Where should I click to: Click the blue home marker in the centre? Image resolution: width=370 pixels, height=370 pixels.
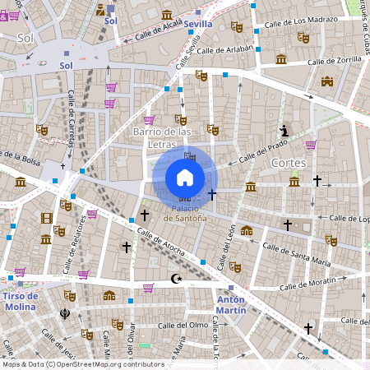tap(185, 178)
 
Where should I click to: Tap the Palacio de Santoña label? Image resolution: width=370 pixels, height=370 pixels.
tap(184, 219)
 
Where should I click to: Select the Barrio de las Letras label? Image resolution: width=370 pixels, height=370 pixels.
tap(162, 136)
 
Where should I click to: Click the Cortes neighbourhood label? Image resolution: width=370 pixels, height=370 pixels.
tap(288, 163)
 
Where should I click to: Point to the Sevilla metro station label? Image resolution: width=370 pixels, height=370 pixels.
tap(197, 24)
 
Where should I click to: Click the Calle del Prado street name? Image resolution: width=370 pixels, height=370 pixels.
tap(257, 153)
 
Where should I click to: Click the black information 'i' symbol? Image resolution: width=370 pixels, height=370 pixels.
tap(284, 130)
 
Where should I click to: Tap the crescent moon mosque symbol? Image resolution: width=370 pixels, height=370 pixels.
tap(173, 279)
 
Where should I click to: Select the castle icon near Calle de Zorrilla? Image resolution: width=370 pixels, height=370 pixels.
tap(327, 81)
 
